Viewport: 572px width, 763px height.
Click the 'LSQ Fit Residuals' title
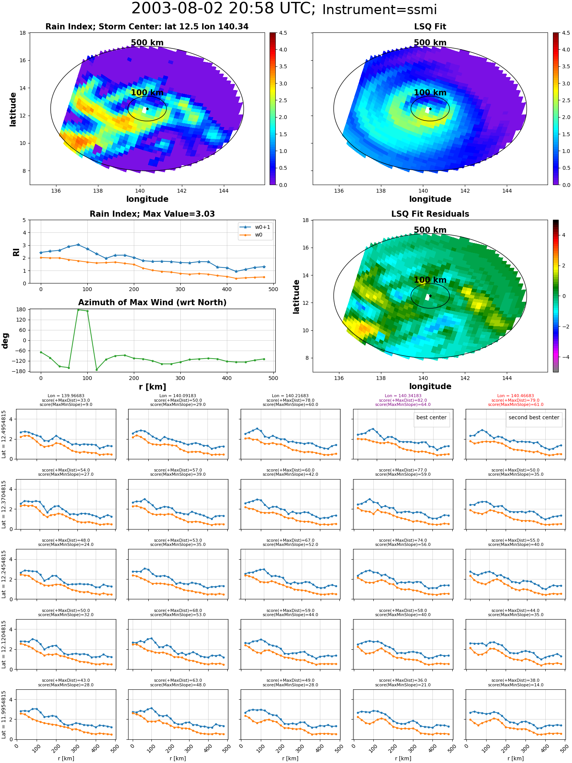tap(430, 214)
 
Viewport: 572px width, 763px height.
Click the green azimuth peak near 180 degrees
tap(78, 310)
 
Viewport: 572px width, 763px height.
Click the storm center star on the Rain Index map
tap(147, 109)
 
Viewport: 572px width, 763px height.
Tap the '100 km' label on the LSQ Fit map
tap(430, 93)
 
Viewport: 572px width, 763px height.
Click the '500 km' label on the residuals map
tap(430, 230)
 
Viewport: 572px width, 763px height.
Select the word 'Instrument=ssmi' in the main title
tap(379, 10)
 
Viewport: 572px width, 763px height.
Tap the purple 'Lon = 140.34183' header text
tap(403, 396)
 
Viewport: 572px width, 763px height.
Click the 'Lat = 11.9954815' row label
tap(4, 715)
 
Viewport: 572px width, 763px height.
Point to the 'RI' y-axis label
tap(16, 252)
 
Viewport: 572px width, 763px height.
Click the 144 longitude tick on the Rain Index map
tap(224, 191)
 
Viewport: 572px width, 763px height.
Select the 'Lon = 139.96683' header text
tap(66, 396)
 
